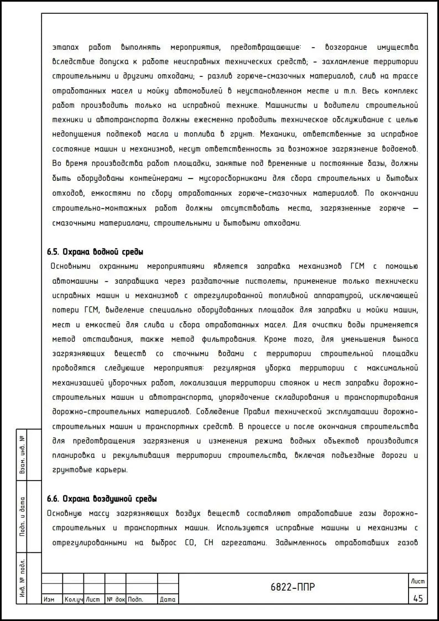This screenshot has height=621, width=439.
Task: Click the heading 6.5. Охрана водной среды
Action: [95, 252]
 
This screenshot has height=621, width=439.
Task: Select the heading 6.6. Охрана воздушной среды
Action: [102, 498]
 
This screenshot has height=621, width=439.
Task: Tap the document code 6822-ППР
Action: [292, 587]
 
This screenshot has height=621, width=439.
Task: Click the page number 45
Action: [417, 598]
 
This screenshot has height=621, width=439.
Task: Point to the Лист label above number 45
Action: [417, 581]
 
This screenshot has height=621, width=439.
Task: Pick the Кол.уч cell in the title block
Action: [73, 599]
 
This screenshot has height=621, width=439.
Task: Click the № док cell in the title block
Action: [116, 599]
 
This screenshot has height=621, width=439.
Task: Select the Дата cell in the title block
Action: [167, 599]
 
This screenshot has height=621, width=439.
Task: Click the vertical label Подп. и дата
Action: [22, 517]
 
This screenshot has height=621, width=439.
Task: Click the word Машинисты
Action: [286, 105]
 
